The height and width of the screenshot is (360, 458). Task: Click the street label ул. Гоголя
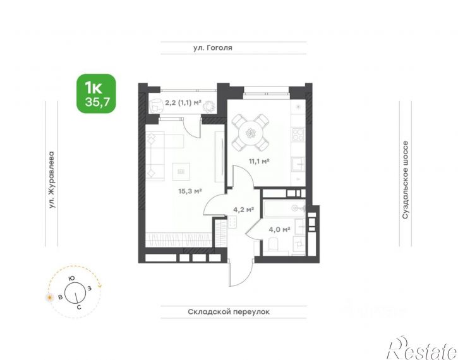[x=213, y=47]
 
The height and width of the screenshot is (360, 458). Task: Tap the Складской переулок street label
[x=229, y=312]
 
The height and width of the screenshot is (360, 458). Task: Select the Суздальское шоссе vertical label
[x=406, y=180]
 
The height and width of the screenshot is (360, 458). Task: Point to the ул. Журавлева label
[x=52, y=179]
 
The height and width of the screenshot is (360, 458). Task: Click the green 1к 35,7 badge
[x=96, y=93]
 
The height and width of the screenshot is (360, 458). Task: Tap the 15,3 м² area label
[x=190, y=191]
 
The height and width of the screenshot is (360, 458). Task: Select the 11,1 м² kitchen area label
[x=259, y=161]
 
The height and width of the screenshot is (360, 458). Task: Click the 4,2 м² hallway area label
[x=243, y=209]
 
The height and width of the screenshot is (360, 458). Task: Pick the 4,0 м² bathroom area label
[x=279, y=229]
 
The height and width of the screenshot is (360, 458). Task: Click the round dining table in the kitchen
[x=250, y=133]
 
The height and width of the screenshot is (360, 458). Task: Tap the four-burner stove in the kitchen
[x=298, y=135]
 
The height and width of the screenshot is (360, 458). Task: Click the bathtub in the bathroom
[x=284, y=208]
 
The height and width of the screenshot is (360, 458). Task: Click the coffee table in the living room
[x=181, y=171]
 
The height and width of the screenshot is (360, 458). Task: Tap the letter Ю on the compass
[x=71, y=279]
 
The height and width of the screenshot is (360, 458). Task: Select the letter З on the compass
[x=90, y=288]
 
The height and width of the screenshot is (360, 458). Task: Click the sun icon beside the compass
[x=50, y=297]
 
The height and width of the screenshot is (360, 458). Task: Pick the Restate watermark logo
[x=422, y=349]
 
